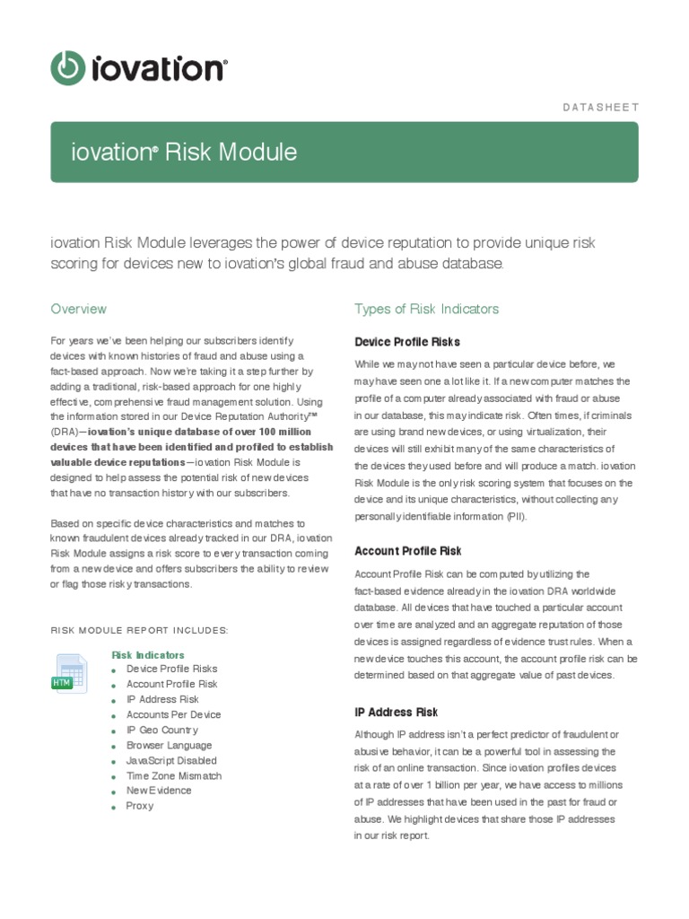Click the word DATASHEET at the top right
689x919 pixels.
click(x=600, y=107)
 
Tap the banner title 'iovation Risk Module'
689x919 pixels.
click(x=184, y=153)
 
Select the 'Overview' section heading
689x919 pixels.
click(x=78, y=309)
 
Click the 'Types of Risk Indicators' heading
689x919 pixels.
click(x=426, y=309)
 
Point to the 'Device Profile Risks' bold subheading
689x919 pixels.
click(x=406, y=342)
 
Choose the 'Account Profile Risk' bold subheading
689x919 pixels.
click(x=407, y=551)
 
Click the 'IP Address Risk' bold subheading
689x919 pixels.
click(x=396, y=712)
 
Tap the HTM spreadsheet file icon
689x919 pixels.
click(x=69, y=673)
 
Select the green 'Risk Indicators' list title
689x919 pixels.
click(x=148, y=655)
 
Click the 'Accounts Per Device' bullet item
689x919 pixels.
click(x=173, y=714)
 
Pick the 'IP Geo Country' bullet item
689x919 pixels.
click(x=161, y=730)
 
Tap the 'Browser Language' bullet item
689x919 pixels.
click(x=169, y=745)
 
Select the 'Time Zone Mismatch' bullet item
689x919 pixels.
click(x=174, y=775)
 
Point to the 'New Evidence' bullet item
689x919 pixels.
click(x=159, y=791)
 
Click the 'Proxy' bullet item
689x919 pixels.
click(x=140, y=806)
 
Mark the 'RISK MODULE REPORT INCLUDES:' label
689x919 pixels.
click(x=139, y=630)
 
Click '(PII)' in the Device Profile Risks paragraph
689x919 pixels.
click(x=515, y=517)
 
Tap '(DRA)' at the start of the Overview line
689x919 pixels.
click(x=65, y=432)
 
